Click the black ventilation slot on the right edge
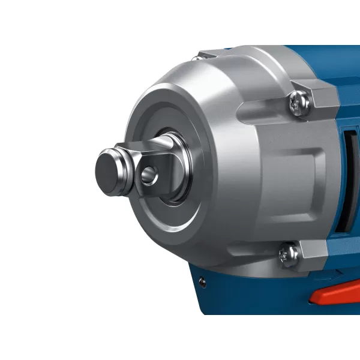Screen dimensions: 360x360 pos(344,180)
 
